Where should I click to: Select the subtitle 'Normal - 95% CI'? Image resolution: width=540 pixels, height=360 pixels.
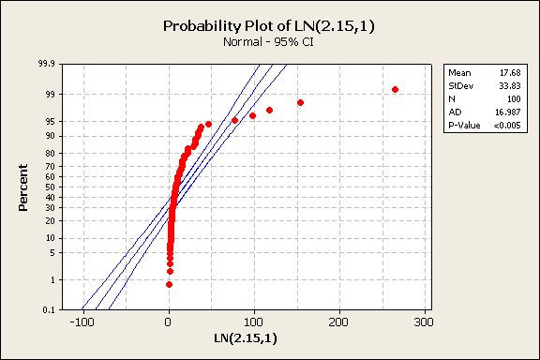[x=270, y=42]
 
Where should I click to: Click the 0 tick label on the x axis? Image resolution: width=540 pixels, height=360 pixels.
[x=169, y=322]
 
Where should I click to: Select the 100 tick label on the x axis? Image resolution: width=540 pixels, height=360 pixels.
[x=254, y=322]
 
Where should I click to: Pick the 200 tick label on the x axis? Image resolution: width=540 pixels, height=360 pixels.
[x=339, y=322]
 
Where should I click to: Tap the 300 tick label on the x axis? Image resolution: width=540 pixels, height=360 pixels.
[x=425, y=322]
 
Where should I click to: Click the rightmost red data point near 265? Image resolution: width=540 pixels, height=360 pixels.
[x=395, y=89]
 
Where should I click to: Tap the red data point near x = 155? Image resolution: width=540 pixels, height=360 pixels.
[x=300, y=102]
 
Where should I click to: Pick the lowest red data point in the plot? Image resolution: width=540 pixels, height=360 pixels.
[x=169, y=284]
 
